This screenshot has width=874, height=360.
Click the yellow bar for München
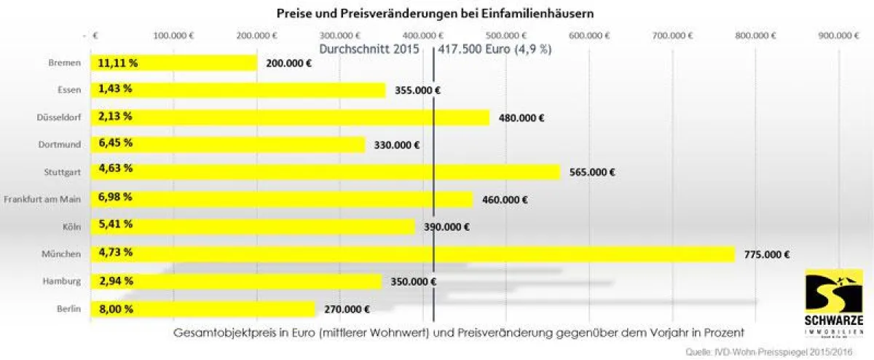click(x=412, y=254)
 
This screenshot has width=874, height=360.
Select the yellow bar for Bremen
click(x=173, y=63)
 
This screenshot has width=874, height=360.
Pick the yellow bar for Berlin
click(x=202, y=308)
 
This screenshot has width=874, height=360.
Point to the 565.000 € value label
click(x=592, y=173)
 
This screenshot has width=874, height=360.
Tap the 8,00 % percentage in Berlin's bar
click(x=115, y=308)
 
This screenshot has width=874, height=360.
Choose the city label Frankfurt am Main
click(x=42, y=199)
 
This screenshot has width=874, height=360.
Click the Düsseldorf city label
click(x=58, y=117)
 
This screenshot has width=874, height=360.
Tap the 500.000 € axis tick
click(x=505, y=35)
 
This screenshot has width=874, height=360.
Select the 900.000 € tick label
click(x=839, y=35)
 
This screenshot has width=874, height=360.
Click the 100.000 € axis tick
click(x=173, y=35)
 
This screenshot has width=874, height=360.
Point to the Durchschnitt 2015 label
click(x=369, y=50)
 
